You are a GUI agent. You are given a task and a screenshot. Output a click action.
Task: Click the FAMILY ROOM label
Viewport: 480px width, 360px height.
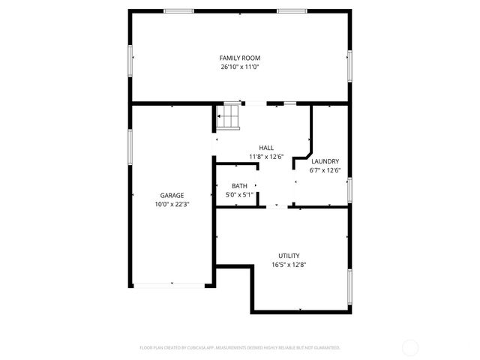click(240, 58)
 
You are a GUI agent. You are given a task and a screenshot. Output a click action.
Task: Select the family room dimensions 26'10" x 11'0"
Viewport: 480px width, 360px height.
click(240, 67)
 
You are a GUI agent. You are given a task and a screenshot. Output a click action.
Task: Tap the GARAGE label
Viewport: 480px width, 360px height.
click(172, 195)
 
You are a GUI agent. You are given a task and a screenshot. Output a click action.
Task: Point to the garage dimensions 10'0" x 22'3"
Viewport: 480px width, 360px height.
click(172, 204)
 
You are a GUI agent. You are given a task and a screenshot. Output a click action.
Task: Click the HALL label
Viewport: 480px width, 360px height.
click(266, 148)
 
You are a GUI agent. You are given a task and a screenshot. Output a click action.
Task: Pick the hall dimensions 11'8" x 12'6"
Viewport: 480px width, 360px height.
click(266, 157)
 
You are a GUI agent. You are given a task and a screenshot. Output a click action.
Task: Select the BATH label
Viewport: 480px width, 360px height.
click(239, 186)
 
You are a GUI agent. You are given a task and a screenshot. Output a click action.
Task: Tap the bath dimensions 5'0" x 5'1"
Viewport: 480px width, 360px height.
click(239, 195)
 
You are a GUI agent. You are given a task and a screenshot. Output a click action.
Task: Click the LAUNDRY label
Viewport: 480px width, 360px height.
click(325, 161)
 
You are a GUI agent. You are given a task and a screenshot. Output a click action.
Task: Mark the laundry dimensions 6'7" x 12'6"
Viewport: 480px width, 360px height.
click(325, 170)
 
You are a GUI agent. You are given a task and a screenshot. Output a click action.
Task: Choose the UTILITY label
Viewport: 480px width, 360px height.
click(289, 255)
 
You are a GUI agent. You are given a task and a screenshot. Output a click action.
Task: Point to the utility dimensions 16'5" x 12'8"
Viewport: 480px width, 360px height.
click(289, 264)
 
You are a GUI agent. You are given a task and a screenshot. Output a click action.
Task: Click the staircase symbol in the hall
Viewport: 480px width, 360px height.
click(228, 115)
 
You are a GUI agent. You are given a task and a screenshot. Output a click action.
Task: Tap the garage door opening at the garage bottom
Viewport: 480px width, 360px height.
click(171, 284)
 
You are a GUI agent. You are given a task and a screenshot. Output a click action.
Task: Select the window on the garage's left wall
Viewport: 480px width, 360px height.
click(130, 150)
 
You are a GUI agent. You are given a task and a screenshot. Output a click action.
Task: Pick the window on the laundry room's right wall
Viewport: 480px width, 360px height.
click(349, 190)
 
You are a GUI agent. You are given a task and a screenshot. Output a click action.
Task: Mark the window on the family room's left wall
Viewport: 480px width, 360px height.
click(130, 59)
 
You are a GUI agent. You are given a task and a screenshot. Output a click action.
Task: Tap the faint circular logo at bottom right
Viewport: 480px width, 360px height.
click(410, 347)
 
